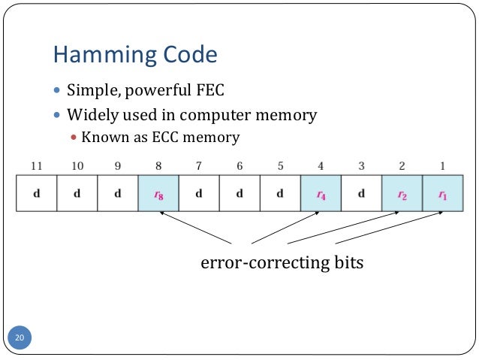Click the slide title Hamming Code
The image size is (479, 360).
click(x=135, y=54)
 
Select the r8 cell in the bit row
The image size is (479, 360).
click(x=158, y=192)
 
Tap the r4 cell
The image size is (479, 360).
click(x=321, y=192)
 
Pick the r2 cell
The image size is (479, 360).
click(x=402, y=192)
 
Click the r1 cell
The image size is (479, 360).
click(x=442, y=192)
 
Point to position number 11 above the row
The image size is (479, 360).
click(x=36, y=165)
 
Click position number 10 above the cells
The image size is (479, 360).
click(x=77, y=165)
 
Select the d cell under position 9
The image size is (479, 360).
click(x=117, y=192)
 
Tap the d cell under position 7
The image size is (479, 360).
click(x=199, y=192)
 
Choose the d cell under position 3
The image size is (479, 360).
click(x=361, y=192)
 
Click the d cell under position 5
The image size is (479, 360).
click(x=280, y=192)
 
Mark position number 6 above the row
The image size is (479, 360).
click(x=239, y=165)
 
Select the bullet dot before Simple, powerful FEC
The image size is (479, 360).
click(x=59, y=92)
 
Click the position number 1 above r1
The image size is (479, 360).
click(x=442, y=165)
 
